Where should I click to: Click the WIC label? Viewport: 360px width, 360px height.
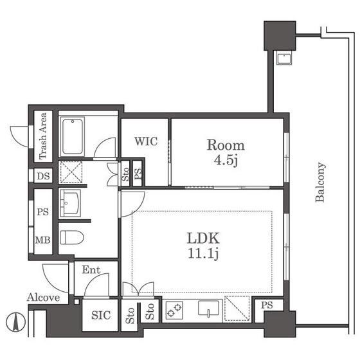click(x=146, y=141)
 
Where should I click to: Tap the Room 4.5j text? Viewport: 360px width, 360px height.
click(x=226, y=152)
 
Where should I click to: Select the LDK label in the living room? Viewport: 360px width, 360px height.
click(x=203, y=239)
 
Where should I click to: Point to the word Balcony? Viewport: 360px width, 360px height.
click(x=320, y=182)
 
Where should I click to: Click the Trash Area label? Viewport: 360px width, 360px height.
click(x=43, y=136)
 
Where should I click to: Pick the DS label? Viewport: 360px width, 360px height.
click(x=44, y=176)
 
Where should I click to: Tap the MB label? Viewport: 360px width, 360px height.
click(x=42, y=240)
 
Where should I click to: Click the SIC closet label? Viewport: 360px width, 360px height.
click(x=101, y=315)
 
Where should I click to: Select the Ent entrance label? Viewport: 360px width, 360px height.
click(x=91, y=270)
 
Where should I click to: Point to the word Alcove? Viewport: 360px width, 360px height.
click(x=44, y=298)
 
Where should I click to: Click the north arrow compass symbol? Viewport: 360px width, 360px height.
click(x=15, y=322)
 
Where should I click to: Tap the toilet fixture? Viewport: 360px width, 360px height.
click(x=71, y=237)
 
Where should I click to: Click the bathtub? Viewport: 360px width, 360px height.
click(x=73, y=136)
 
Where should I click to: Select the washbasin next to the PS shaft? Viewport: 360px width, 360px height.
click(x=70, y=203)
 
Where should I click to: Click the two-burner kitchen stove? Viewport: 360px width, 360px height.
click(x=174, y=310)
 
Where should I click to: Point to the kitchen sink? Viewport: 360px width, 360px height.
click(x=208, y=309)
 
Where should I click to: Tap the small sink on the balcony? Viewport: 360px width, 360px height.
click(x=284, y=59)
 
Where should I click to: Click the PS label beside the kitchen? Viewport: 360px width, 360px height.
click(x=267, y=305)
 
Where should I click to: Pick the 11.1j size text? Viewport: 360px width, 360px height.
click(x=203, y=254)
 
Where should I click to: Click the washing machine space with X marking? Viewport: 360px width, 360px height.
click(x=71, y=172)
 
